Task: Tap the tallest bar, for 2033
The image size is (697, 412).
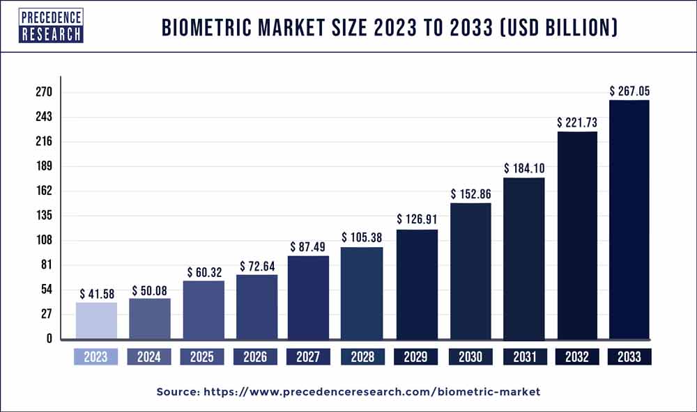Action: click(629, 219)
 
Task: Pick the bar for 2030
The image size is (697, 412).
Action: click(470, 271)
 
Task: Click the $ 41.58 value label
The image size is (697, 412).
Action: click(95, 293)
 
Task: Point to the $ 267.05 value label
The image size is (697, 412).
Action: click(630, 90)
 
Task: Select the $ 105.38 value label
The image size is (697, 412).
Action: click(362, 237)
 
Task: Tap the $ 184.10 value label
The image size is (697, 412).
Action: click(523, 168)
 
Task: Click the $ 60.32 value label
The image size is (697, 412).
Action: click(204, 271)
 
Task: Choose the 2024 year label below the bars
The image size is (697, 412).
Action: click(149, 357)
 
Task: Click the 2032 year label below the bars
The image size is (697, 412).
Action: click(576, 357)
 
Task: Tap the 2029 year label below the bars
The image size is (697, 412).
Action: click(416, 357)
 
